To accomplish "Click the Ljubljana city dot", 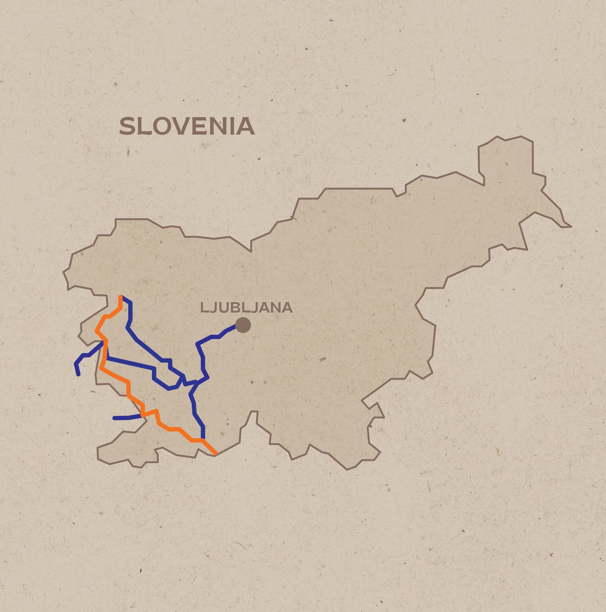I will [243, 325].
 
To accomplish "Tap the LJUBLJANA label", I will [246, 308].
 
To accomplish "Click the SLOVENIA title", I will [187, 126].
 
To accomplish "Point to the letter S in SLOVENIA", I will [128, 126].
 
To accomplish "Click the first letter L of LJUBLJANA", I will [204, 308].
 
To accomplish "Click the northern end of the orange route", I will [120, 297].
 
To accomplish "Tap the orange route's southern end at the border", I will [216, 453].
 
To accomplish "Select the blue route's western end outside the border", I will [78, 374].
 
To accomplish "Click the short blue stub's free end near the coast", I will [114, 418].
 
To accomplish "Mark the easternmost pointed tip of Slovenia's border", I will [570, 227].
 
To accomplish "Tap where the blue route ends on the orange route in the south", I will [203, 439].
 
